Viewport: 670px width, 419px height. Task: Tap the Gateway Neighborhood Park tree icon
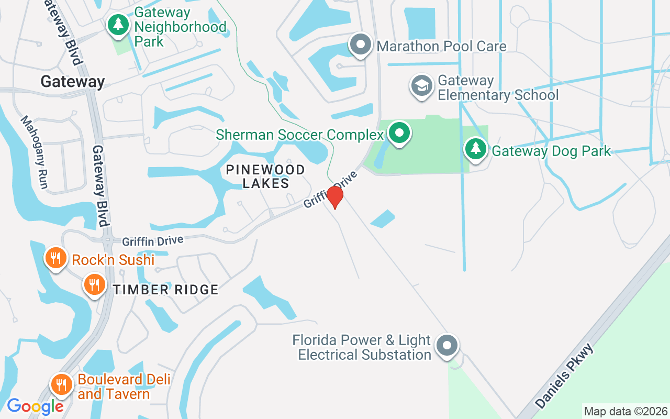point(119,24)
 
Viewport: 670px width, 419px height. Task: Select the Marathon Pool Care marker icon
point(360,45)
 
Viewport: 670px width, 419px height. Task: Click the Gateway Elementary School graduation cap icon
point(422,86)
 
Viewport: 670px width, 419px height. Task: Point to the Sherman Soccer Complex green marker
point(400,133)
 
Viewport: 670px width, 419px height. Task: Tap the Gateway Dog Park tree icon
point(476,149)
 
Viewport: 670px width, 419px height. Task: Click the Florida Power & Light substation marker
point(447,346)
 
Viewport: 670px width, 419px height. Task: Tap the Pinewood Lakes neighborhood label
point(265,177)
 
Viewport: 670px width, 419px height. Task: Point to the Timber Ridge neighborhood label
point(165,290)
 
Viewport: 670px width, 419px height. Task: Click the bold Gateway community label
point(73,82)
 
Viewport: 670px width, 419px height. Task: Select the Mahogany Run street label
point(35,152)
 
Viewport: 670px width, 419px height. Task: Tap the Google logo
point(35,406)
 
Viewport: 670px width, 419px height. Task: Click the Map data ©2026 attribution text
point(626,411)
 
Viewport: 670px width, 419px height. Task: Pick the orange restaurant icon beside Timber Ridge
point(94,285)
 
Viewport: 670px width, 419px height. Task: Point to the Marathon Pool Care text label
point(441,46)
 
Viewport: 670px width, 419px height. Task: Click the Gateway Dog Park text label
point(552,151)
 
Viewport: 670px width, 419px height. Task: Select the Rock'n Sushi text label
point(113,260)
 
